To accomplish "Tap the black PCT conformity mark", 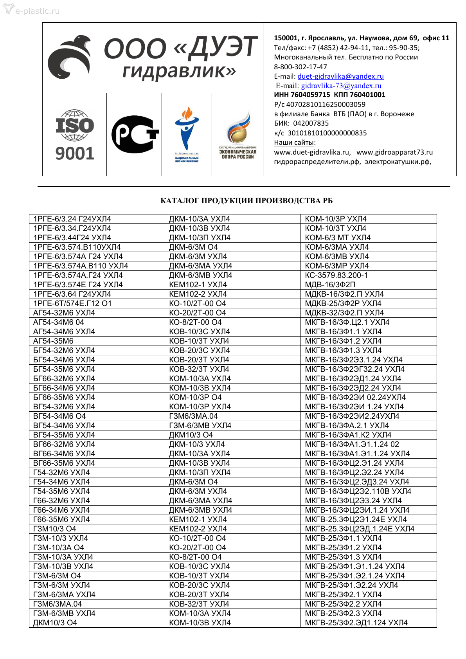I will (x=134, y=134).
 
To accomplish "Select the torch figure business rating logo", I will (x=187, y=134).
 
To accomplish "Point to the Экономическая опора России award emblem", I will (x=237, y=134).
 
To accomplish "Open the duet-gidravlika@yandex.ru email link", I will (x=340, y=76).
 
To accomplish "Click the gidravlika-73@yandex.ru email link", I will (x=341, y=86).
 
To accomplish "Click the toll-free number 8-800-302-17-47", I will (x=300, y=67).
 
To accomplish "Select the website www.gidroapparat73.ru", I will (x=394, y=152).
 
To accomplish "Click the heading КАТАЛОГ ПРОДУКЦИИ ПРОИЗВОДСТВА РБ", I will (x=246, y=201).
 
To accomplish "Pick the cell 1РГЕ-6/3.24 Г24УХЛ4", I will (x=72, y=219).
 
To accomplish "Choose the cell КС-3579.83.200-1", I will (x=336, y=275).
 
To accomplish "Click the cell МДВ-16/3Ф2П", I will (x=330, y=284).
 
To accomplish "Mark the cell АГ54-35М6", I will (x=53, y=341).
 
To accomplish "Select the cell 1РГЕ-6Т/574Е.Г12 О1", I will (x=72, y=303).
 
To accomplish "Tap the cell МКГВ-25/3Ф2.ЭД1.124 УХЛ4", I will (x=356, y=623).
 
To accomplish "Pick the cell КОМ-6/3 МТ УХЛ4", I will (x=338, y=238).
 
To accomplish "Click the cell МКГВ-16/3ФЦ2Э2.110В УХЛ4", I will (x=358, y=491).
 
